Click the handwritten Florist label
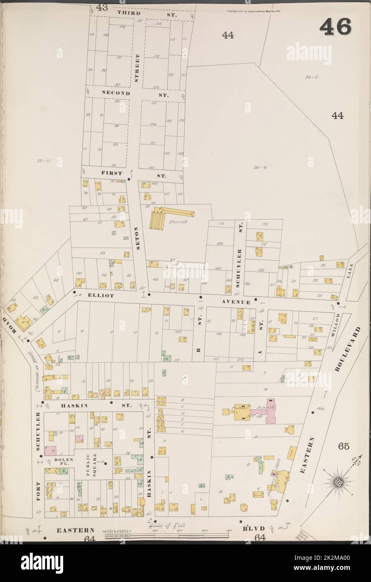177,221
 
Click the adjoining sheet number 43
101,7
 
